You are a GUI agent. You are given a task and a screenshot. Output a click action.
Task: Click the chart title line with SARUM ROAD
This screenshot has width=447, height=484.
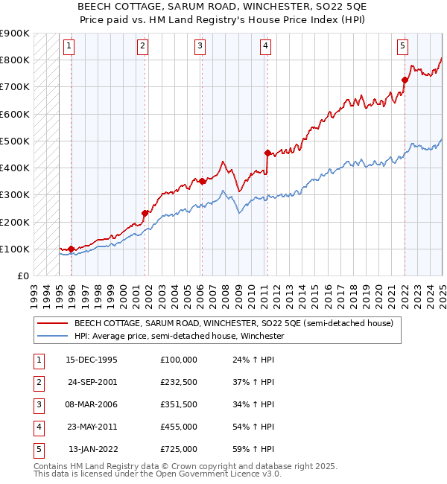[x=223, y=6]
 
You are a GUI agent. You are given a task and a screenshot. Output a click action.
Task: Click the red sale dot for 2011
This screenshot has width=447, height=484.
[x=267, y=153]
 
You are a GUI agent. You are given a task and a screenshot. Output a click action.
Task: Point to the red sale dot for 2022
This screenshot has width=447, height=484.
[x=405, y=80]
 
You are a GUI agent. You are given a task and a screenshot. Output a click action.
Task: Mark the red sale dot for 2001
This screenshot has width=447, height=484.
[x=145, y=213]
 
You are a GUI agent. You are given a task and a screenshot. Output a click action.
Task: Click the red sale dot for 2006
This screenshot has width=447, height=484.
[x=202, y=181]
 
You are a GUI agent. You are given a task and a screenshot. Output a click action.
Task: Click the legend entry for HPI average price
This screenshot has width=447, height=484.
[x=179, y=337]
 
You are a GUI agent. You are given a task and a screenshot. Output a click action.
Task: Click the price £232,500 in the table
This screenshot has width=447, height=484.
[x=179, y=382]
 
